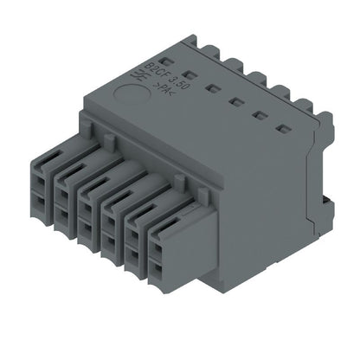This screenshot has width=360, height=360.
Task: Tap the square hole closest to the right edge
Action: (281, 130)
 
